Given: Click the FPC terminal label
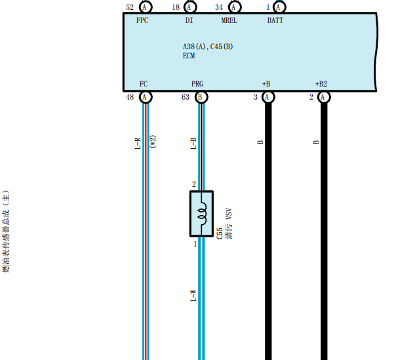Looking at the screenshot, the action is (x=142, y=20).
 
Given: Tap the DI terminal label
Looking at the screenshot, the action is (x=189, y=20).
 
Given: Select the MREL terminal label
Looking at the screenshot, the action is (x=229, y=20).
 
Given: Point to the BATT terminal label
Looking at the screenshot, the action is (x=275, y=20).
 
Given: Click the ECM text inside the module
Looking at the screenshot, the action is (x=189, y=56).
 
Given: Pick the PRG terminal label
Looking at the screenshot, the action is (x=197, y=84).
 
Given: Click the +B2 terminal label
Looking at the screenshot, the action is (x=321, y=84).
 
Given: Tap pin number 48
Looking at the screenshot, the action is (x=130, y=97).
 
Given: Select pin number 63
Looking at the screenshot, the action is (x=186, y=97).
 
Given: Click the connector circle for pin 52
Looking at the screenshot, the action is (x=146, y=7).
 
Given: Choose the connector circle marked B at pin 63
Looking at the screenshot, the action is (x=201, y=97).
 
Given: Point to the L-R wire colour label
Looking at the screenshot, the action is (x=138, y=144).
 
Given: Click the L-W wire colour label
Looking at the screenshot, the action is (x=193, y=296).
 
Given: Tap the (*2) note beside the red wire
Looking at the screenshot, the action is (x=153, y=142).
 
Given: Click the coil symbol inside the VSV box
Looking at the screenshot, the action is (x=203, y=214).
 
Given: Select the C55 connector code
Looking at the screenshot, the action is (x=220, y=233).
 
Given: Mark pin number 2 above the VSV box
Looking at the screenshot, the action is (x=193, y=184).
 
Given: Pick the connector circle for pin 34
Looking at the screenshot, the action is (x=235, y=7).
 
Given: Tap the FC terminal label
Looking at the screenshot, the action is (x=144, y=84).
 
